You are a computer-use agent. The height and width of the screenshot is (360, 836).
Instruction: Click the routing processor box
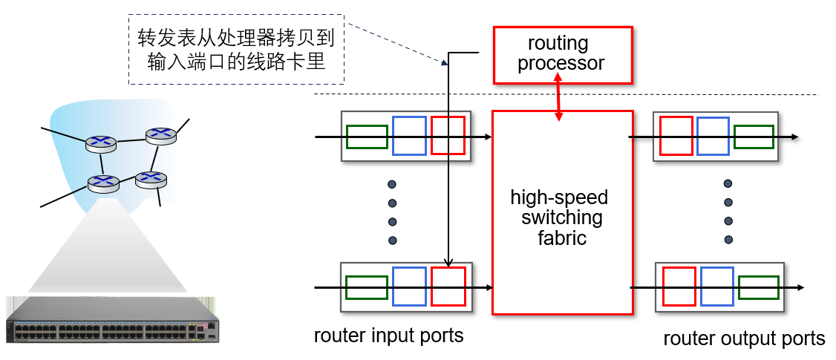563,55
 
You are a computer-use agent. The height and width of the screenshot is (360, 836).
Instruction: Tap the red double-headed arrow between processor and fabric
559,96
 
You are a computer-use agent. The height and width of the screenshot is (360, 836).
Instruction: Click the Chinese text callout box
236,50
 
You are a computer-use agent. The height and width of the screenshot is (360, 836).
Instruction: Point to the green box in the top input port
367,137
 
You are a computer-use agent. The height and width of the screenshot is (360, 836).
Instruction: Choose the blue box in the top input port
410,136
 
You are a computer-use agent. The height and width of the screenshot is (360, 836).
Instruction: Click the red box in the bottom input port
448,287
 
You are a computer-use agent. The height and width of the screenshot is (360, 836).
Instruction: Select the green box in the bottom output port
759,287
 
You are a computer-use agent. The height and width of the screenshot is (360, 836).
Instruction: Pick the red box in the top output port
676,136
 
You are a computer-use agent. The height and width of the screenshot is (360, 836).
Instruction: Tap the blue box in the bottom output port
718,287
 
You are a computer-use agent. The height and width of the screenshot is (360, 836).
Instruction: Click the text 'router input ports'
389,336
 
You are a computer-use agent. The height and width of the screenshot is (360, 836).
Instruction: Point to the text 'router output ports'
744,338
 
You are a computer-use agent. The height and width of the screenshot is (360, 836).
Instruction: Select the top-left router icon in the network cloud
101,144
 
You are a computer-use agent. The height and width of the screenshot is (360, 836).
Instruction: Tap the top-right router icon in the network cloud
161,136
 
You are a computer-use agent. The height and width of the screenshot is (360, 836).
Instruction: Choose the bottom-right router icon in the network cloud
151,179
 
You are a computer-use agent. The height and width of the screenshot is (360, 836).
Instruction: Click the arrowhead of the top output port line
794,137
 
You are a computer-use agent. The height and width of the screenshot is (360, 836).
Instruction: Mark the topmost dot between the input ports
393,185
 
